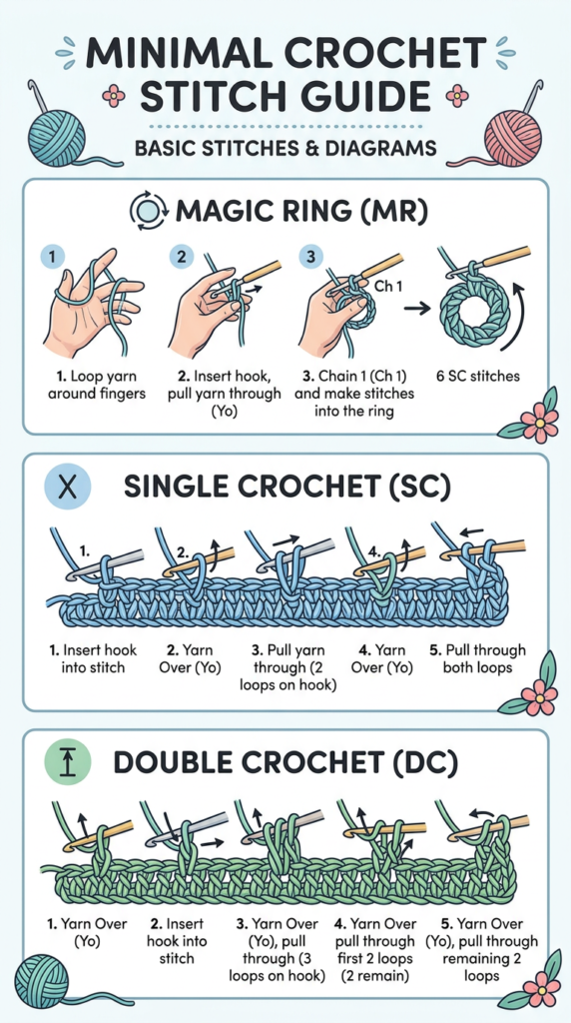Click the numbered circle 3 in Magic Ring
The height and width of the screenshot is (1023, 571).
click(310, 257)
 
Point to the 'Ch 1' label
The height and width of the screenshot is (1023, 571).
click(389, 286)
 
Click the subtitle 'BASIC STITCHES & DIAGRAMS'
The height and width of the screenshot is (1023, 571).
click(285, 148)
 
